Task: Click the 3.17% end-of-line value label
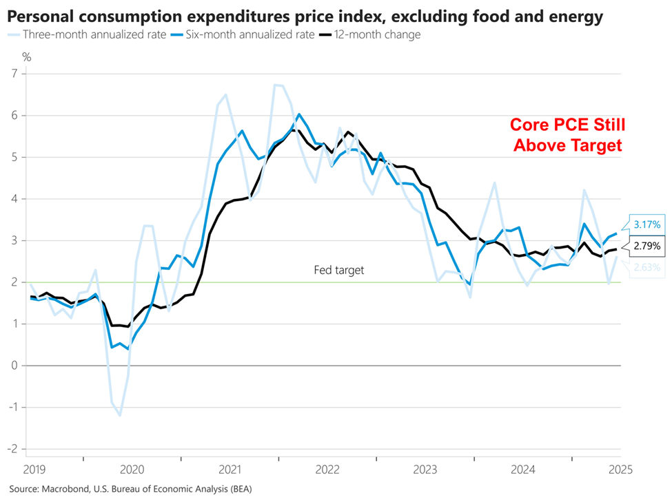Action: [647, 224]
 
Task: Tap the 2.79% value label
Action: [647, 246]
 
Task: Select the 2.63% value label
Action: [647, 267]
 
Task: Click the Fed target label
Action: [338, 271]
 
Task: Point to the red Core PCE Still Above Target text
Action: [566, 135]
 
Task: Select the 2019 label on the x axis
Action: [34, 470]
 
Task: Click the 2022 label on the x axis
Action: [327, 470]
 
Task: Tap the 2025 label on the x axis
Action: [620, 470]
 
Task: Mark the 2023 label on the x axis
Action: [425, 470]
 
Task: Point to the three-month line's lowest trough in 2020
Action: [120, 415]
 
